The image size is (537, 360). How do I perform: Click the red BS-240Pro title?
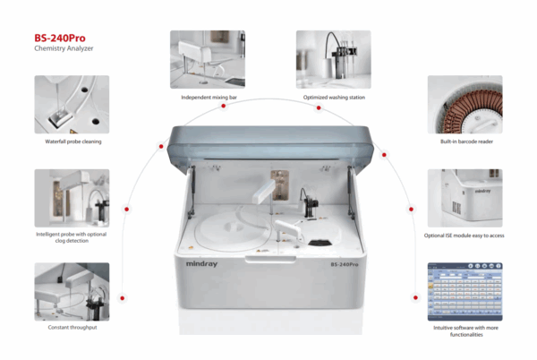click(60, 38)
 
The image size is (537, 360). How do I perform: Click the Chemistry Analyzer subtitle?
click(64, 48)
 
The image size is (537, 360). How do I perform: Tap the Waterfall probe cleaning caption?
click(73, 141)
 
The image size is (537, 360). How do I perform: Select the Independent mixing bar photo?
click(208, 59)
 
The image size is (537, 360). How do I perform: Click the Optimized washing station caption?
click(334, 98)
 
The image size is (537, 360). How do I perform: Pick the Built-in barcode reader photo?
click(465, 105)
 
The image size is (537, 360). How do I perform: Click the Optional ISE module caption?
click(464, 236)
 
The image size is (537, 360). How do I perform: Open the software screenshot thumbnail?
click(465, 292)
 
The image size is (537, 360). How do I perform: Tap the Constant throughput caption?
click(72, 328)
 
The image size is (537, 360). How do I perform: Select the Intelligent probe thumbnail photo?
click(72, 198)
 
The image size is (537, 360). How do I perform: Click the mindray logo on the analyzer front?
click(201, 264)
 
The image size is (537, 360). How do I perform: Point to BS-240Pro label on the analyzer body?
click(345, 264)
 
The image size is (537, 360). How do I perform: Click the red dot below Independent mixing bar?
click(223, 107)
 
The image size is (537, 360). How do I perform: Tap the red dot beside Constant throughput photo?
click(123, 298)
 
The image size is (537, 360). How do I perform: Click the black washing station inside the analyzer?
click(310, 203)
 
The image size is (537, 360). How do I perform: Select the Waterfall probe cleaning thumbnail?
click(72, 105)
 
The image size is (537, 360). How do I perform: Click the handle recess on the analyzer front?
click(270, 260)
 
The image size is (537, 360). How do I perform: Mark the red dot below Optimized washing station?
click(319, 107)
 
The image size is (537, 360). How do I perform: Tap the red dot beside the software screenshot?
click(415, 297)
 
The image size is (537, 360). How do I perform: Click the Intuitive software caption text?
click(465, 331)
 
